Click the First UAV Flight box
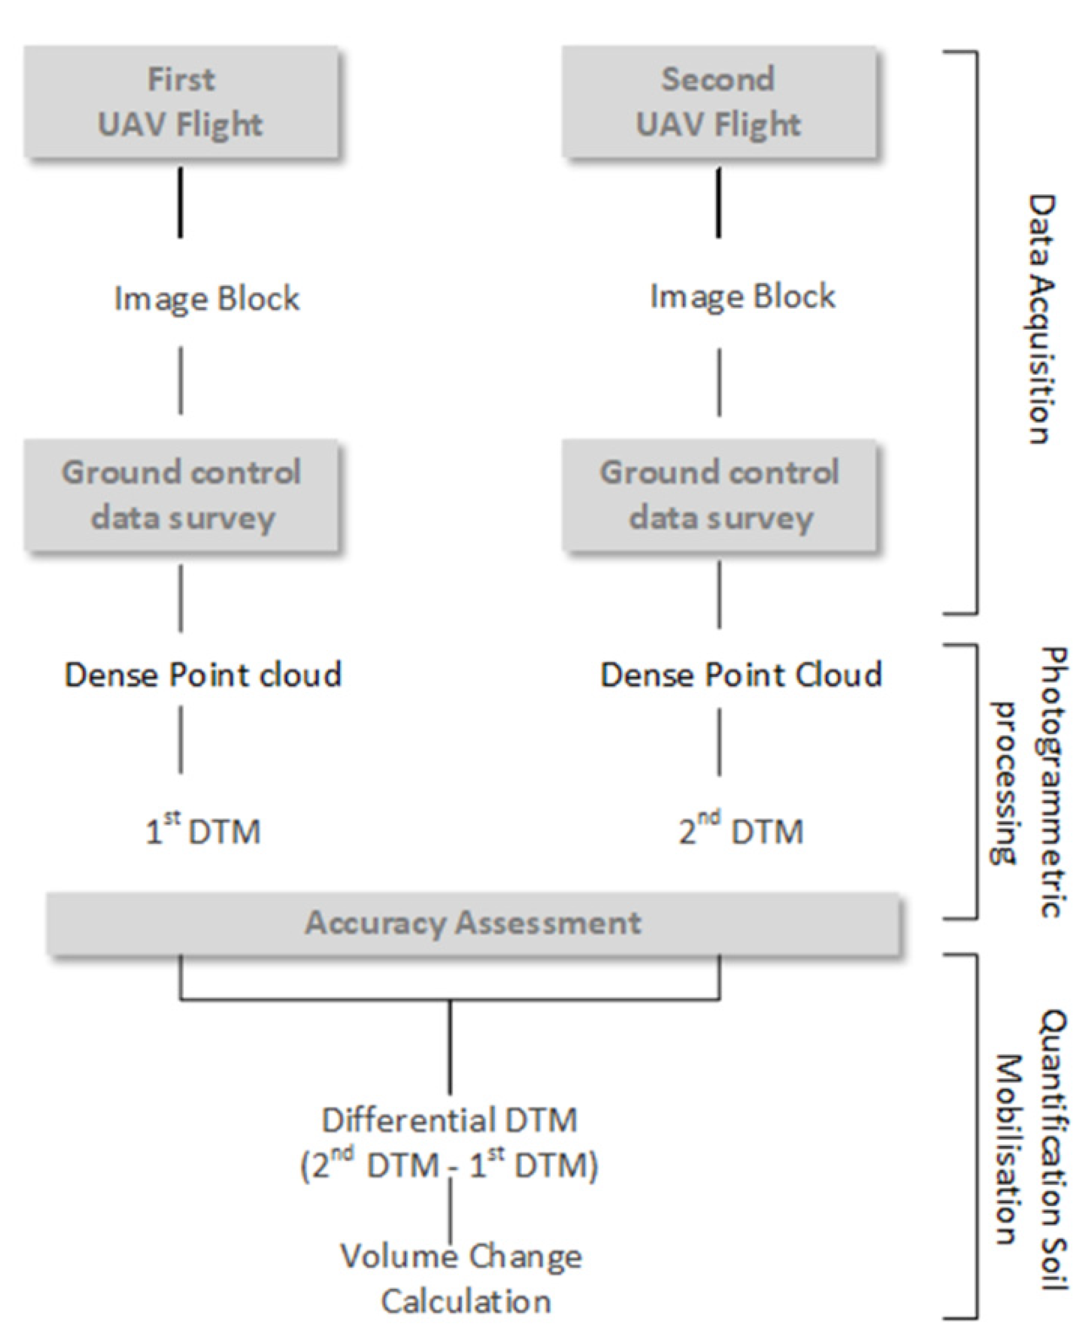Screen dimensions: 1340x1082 [x=181, y=101]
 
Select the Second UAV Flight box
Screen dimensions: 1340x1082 [x=719, y=101]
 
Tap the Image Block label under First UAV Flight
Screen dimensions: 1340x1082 [x=206, y=299]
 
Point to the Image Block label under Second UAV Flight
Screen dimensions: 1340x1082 [x=742, y=296]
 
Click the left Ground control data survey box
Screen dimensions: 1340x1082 [x=181, y=496]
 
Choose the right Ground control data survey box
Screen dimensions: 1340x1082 [x=719, y=496]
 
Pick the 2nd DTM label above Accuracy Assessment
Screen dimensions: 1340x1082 [x=740, y=831]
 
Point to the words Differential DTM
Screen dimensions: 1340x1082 [x=449, y=1120]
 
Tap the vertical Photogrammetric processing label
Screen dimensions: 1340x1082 [x=1029, y=782]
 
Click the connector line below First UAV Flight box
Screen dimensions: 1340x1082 [x=181, y=202]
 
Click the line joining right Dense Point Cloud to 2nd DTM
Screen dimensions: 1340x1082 [x=719, y=742]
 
